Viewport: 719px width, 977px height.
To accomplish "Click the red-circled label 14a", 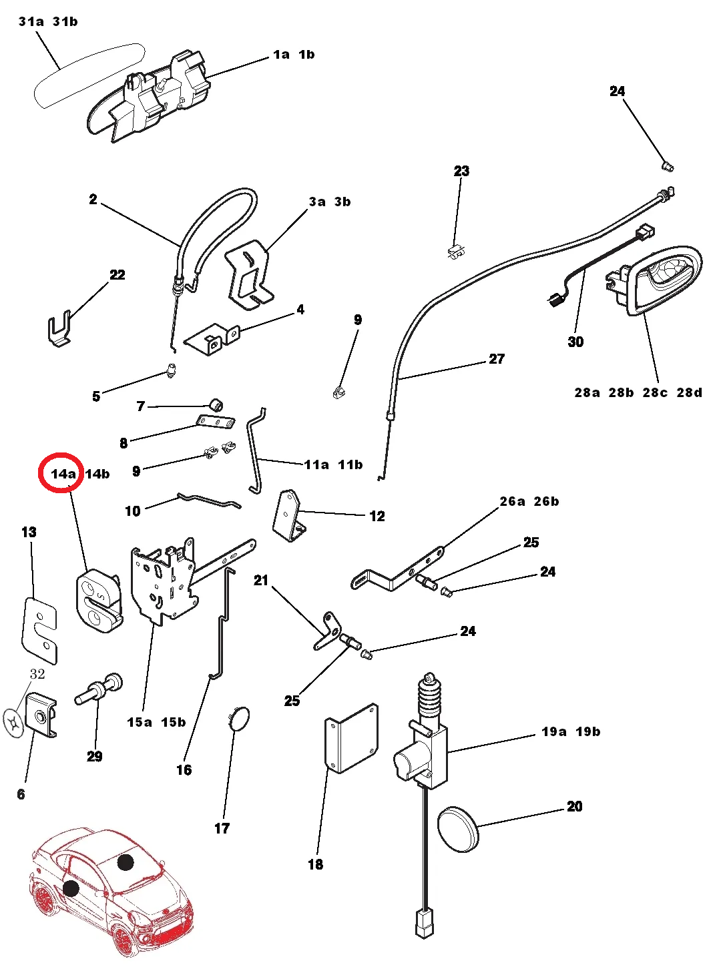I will coord(63,474).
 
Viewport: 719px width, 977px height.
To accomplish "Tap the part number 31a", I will coord(31,21).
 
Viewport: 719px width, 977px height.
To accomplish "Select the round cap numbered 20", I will coord(458,829).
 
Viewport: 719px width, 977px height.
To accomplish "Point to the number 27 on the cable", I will coord(497,359).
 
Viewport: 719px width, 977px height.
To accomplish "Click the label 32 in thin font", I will coord(37,674).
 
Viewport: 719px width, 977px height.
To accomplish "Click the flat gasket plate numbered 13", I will coord(39,631).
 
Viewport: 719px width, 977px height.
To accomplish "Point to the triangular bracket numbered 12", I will coord(289,516).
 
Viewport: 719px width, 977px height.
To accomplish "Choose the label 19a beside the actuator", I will coord(554,731).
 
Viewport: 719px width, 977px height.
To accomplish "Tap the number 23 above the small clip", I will coord(461,171).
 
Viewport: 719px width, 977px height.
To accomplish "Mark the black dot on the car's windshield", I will coord(126,862).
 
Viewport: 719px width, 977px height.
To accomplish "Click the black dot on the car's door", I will coord(71,888).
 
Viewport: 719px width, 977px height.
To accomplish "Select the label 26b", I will coord(546,501).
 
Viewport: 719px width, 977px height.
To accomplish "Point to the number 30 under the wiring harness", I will coord(575,342).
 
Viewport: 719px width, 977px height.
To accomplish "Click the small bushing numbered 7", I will coord(216,404).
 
